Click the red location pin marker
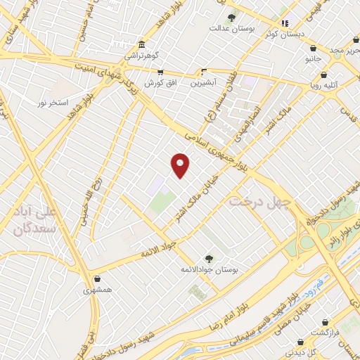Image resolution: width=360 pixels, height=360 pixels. pyautogui.click(x=181, y=165)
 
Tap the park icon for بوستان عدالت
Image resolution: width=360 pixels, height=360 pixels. pyautogui.click(x=231, y=18)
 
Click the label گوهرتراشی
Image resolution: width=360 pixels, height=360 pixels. pyautogui.click(x=143, y=55)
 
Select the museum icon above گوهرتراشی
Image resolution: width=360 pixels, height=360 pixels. pyautogui.click(x=142, y=44)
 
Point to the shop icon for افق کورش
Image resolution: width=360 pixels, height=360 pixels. pyautogui.click(x=160, y=72)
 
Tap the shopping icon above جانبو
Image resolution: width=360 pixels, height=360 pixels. pyautogui.click(x=312, y=49)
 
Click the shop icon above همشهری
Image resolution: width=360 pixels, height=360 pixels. pyautogui.click(x=96, y=279)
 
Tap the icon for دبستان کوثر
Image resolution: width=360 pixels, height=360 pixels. pyautogui.click(x=285, y=23)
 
